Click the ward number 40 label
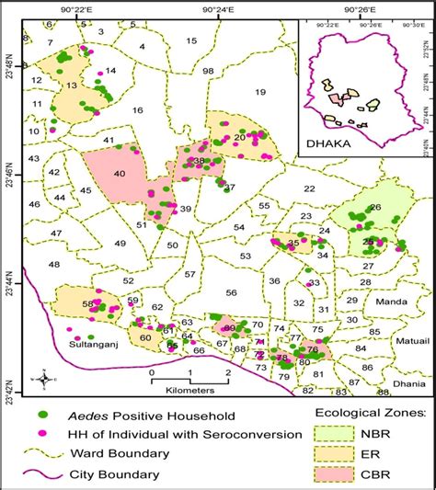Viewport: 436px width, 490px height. [x=119, y=174]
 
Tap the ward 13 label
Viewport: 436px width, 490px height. [x=70, y=85]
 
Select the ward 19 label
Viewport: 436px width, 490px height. [x=259, y=91]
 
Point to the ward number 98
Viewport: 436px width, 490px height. [x=208, y=71]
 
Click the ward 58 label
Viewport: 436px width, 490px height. [x=88, y=303]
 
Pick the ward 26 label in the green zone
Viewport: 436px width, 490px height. [x=373, y=208]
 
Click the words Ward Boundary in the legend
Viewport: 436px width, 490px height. [x=123, y=454]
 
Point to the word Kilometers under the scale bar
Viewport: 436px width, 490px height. [x=185, y=390]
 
